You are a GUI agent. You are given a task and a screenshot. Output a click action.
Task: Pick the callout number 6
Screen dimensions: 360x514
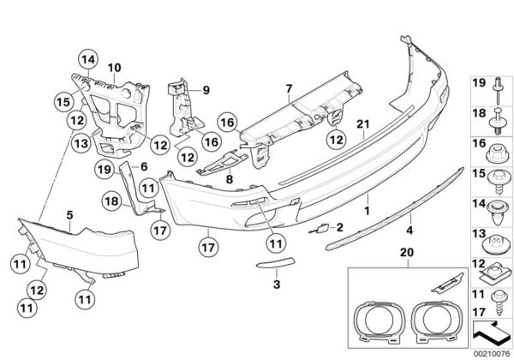tap(145, 166)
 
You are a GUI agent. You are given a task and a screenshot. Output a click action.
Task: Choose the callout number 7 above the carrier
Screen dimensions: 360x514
tap(290, 87)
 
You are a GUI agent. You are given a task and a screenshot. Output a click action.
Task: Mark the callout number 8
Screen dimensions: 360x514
tap(229, 181)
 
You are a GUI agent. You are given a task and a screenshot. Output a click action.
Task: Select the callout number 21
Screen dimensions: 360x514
tap(362, 125)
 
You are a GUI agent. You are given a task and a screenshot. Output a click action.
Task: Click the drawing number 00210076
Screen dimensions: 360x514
tap(487, 351)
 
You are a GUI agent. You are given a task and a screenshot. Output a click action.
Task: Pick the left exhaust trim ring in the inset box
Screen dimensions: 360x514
tap(374, 314)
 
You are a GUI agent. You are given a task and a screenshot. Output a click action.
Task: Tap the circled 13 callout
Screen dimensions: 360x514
tap(81, 143)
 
